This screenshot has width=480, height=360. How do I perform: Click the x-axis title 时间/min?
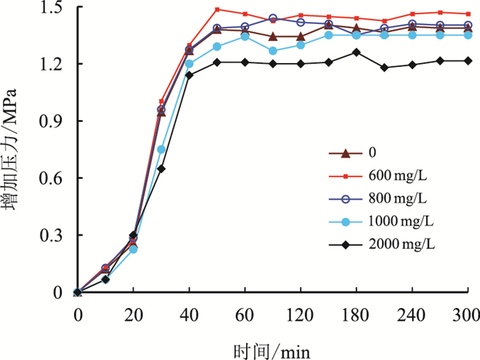272,350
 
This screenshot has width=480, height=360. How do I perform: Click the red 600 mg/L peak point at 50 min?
217,10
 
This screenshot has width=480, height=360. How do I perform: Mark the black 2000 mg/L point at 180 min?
356,52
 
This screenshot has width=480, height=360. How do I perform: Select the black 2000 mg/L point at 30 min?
162,168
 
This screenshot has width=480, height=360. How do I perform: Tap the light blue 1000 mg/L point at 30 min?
162,149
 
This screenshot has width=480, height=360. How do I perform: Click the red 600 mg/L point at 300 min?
468,14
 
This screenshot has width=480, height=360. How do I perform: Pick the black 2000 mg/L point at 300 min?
468,60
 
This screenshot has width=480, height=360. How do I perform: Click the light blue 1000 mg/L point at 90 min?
273,51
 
